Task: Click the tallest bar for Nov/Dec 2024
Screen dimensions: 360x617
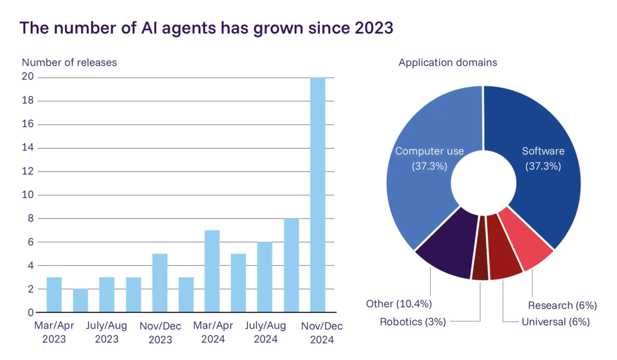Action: (318, 194)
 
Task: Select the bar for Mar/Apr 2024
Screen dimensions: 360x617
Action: (212, 271)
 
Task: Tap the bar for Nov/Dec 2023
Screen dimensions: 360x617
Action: (159, 283)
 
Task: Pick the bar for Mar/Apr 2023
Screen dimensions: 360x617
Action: (54, 295)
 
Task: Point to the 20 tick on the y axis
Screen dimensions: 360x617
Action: (28, 77)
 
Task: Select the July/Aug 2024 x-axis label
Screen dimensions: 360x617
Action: (265, 333)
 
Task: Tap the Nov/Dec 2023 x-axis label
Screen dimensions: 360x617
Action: (159, 333)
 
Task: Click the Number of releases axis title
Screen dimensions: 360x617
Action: (69, 62)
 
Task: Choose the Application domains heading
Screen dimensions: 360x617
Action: (448, 62)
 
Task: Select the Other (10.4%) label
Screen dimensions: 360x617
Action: (399, 303)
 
